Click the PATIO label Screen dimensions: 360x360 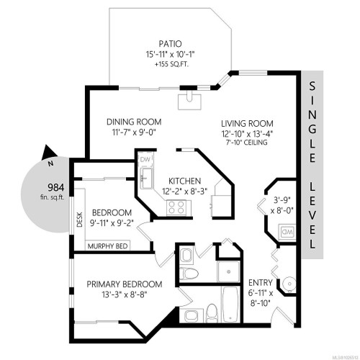click(x=169, y=43)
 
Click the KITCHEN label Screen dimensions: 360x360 click(x=184, y=181)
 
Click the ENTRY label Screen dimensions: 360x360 click(x=260, y=283)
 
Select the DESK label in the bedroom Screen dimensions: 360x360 click(x=79, y=217)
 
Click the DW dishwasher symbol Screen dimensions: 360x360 click(x=145, y=159)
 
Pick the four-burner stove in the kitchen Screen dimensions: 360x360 click(x=176, y=207)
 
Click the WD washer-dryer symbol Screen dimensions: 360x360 click(x=286, y=232)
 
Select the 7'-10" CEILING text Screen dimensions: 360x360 click(x=245, y=143)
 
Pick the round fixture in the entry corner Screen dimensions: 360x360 click(x=288, y=282)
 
